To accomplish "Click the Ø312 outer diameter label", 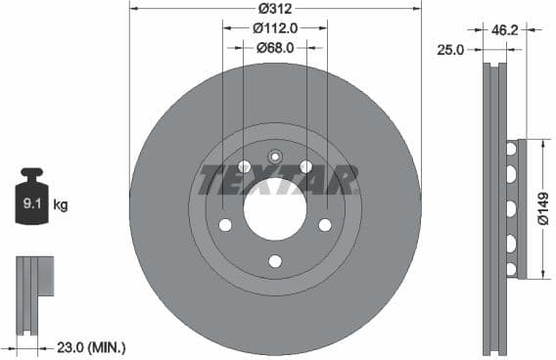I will click(x=275, y=9).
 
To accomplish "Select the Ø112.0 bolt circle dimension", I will click(x=275, y=28).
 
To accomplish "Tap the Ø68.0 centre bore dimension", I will click(x=275, y=47).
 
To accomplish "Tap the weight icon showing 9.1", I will click(x=31, y=203).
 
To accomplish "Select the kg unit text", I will click(x=61, y=205).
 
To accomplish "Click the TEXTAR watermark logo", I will click(x=278, y=180).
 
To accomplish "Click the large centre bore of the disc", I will click(x=275, y=210).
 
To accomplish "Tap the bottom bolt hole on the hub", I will click(x=275, y=260).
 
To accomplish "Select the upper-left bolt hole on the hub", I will click(x=244, y=167).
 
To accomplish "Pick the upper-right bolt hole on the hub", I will click(x=306, y=167).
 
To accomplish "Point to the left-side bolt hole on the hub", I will click(x=225, y=225).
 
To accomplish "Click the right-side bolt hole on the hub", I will click(x=325, y=225).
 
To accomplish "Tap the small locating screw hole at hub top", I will click(x=275, y=157).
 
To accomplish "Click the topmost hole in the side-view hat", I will click(x=510, y=150).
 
